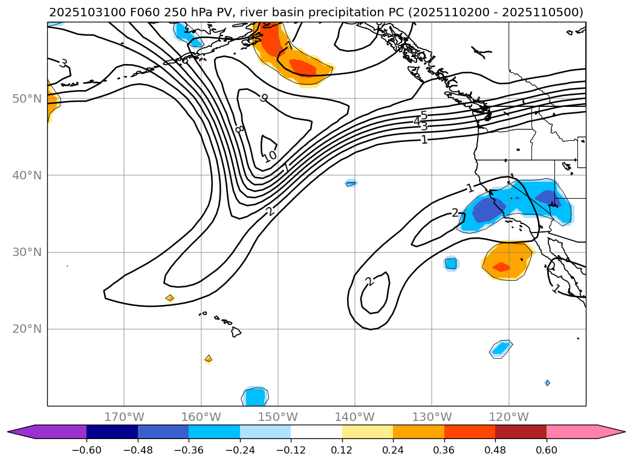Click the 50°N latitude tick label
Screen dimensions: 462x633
[x=27, y=98]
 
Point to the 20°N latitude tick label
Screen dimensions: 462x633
[x=27, y=329]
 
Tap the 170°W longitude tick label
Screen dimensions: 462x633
[x=124, y=417]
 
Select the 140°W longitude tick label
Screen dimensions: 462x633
[x=354, y=417]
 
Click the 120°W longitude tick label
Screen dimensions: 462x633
[x=508, y=417]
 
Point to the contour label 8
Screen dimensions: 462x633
[x=239, y=129]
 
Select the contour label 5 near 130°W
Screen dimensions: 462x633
[x=424, y=115]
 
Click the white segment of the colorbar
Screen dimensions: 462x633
[x=316, y=432]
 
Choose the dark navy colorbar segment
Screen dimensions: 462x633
[x=112, y=432]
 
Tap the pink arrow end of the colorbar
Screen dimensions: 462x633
[x=611, y=432]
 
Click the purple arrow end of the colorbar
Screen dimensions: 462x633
[x=24, y=432]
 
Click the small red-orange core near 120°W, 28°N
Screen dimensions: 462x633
[x=501, y=267]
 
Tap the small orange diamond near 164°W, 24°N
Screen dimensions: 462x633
[x=170, y=298]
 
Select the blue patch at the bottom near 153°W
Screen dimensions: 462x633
[x=256, y=397]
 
